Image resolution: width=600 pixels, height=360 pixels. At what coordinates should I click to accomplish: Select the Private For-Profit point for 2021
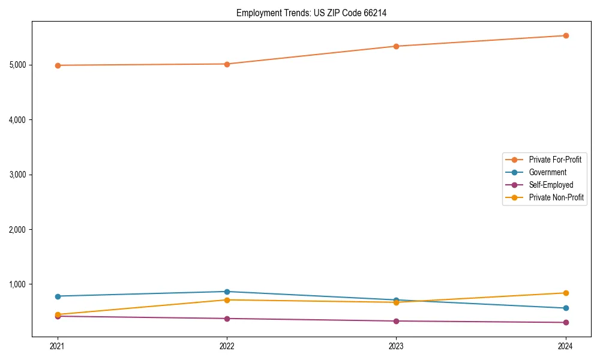click(58, 65)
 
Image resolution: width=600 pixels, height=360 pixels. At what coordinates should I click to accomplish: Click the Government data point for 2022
click(227, 292)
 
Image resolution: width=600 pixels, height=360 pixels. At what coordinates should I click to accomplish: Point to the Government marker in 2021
click(58, 296)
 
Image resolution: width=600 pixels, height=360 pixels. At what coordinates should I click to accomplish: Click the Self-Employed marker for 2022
click(227, 319)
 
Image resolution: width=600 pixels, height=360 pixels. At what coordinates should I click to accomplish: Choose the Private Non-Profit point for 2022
click(227, 300)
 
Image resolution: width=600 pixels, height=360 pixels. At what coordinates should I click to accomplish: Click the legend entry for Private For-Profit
click(555, 160)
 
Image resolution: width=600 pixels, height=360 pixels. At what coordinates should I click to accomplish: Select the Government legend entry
click(547, 172)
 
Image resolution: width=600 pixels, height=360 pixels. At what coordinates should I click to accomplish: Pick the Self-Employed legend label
click(551, 185)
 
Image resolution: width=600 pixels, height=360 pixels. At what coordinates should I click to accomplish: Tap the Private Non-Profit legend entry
click(556, 197)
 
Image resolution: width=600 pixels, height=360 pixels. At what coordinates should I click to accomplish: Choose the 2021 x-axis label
click(58, 346)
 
